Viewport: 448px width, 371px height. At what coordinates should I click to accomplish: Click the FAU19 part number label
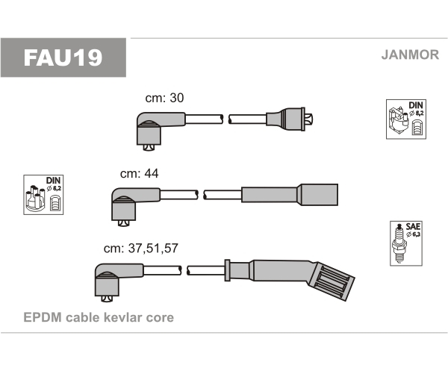click(63, 57)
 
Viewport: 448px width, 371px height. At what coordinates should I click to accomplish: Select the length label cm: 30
click(164, 98)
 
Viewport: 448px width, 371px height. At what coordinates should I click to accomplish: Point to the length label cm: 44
click(140, 173)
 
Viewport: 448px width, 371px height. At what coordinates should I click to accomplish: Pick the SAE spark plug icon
click(403, 243)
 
